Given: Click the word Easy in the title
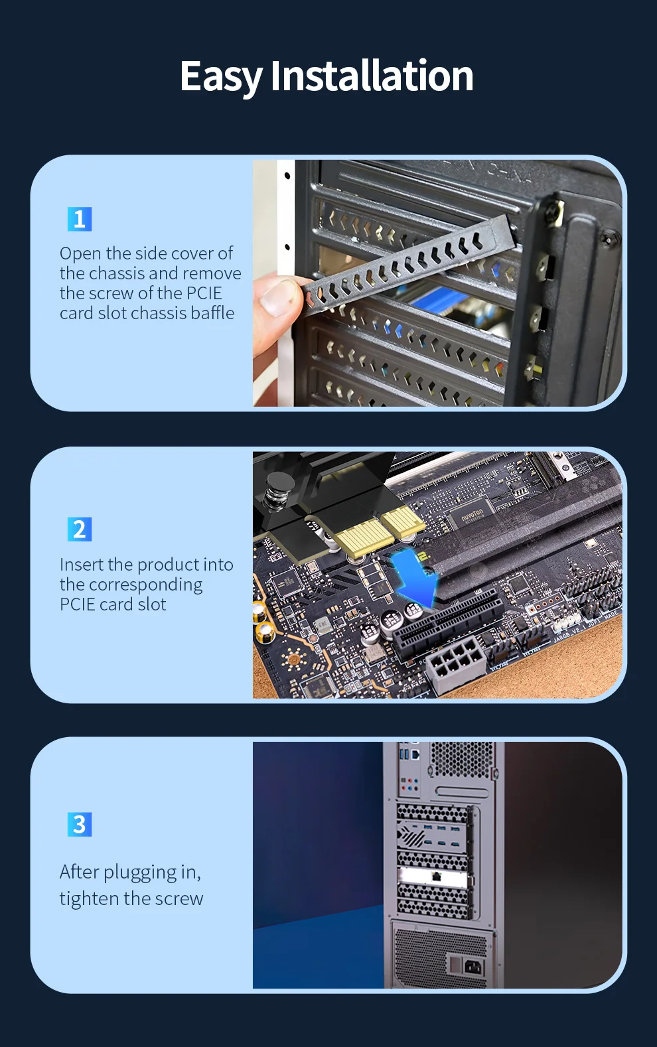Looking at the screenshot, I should [x=221, y=76].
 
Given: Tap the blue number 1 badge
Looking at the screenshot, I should [x=80, y=219].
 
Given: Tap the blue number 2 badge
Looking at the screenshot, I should [x=80, y=529].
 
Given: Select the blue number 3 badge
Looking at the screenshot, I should [x=80, y=825].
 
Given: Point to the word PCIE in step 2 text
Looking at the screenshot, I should [x=77, y=604].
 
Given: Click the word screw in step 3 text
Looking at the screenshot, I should [x=179, y=899].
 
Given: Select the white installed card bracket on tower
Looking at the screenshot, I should [x=435, y=876].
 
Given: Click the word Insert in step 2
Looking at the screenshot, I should [x=81, y=565].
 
